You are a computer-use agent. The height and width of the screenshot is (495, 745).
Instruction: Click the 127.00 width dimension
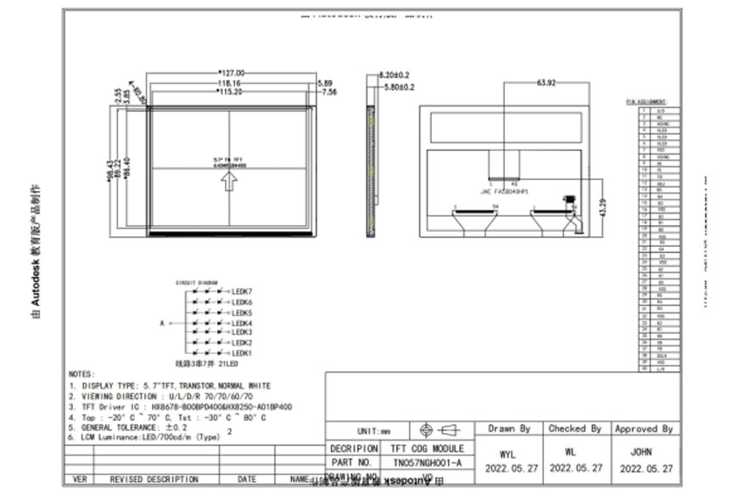pos(231,73)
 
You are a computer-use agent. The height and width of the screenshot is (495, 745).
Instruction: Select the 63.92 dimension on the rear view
pos(546,83)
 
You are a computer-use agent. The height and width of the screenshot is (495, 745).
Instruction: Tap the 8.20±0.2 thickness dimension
pos(395,76)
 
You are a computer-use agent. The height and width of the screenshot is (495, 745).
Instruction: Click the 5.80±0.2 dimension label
pos(399,87)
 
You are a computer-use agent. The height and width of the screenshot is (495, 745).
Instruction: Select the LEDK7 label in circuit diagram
pos(242,292)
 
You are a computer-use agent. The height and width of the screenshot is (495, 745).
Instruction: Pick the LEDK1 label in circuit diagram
pos(242,352)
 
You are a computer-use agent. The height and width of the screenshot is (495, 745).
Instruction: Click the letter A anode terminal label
pos(160,323)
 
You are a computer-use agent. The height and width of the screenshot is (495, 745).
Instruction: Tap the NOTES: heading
pos(81,374)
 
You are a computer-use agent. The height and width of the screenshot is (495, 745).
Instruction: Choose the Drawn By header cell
pos(509,429)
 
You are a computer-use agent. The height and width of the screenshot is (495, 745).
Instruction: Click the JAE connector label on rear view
pos(505,193)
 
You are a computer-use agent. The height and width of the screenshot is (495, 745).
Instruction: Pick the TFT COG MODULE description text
pos(427,448)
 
